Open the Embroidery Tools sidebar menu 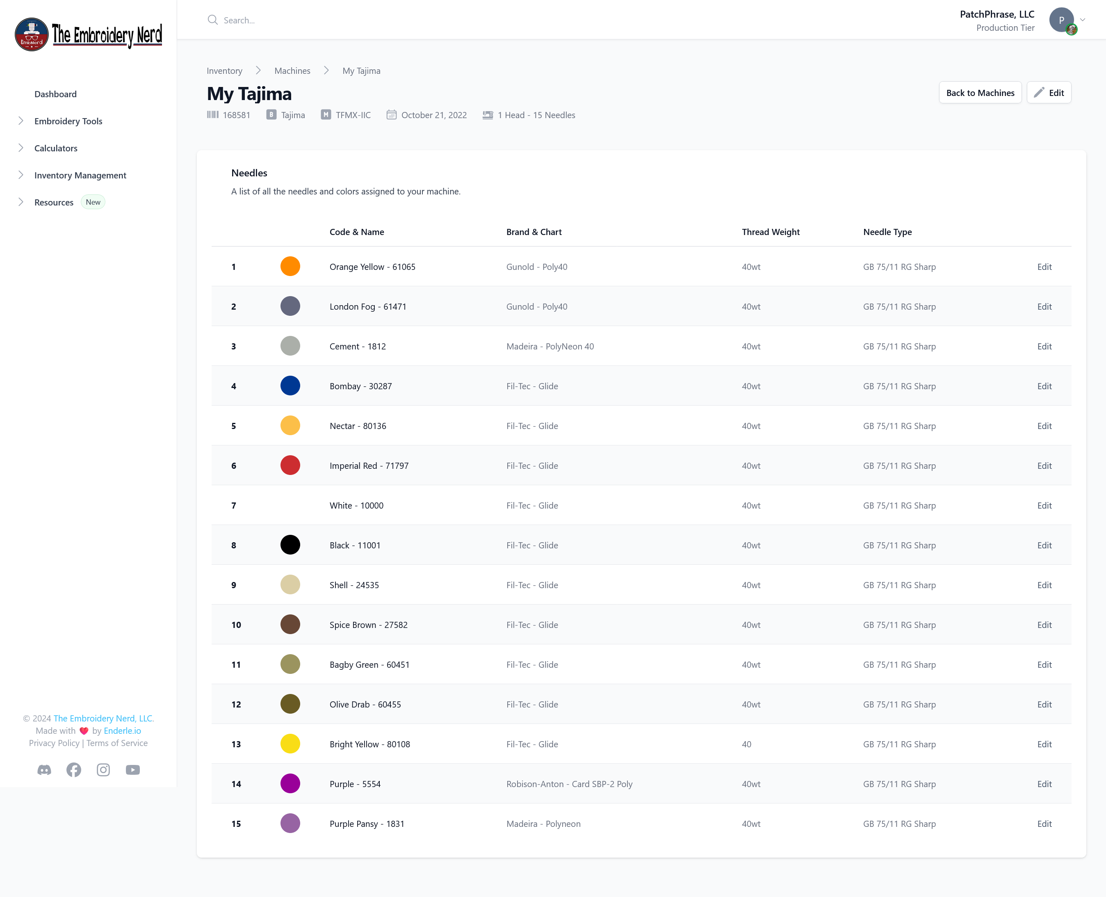tap(68, 121)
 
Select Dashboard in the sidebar tap(55, 94)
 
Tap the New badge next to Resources tap(93, 202)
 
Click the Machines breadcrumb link tap(292, 71)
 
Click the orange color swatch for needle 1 tap(290, 267)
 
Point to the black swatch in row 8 tap(290, 545)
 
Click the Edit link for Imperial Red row tap(1044, 466)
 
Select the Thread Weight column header tap(770, 232)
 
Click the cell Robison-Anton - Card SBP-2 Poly tap(569, 784)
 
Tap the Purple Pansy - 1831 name tap(366, 824)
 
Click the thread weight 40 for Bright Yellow tap(746, 744)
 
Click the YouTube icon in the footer tap(133, 770)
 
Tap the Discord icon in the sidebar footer tap(44, 770)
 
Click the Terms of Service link tap(117, 743)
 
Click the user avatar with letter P tap(1061, 21)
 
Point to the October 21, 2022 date tap(433, 115)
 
